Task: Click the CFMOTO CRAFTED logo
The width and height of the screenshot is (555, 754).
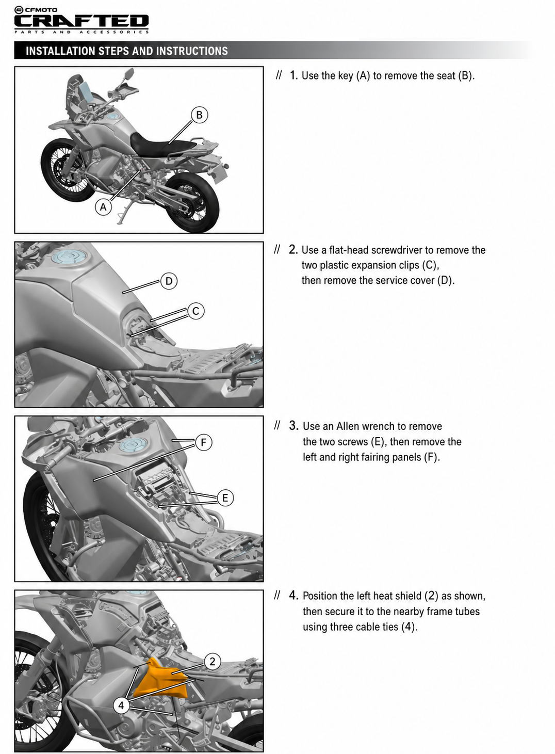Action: click(81, 20)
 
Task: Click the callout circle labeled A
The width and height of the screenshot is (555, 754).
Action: click(103, 207)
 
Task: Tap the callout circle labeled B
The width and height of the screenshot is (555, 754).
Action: click(199, 115)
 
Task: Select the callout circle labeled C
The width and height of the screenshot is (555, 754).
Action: click(196, 311)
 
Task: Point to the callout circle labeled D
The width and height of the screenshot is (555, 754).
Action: click(169, 281)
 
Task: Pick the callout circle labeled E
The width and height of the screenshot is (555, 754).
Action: click(225, 498)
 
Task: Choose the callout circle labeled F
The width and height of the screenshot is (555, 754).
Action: click(204, 442)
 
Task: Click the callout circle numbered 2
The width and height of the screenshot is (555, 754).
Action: click(212, 662)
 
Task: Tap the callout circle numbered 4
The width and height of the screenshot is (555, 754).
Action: click(121, 705)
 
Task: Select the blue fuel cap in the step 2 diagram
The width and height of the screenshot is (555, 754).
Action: click(69, 257)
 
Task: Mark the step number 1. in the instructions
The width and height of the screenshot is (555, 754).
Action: click(293, 75)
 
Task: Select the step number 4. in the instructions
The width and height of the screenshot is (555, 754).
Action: click(293, 596)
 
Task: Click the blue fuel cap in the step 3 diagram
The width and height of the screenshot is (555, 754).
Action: click(135, 445)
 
